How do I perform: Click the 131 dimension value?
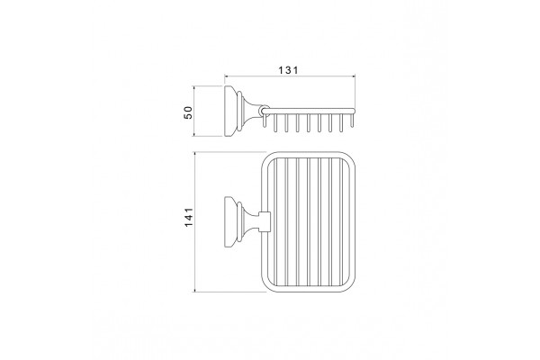[x=288, y=70]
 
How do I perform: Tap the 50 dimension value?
[x=188, y=112]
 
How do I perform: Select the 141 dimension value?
[x=189, y=217]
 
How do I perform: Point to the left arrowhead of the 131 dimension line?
[x=227, y=76]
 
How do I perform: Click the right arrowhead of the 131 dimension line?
[x=353, y=76]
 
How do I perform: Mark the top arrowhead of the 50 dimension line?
[x=194, y=88]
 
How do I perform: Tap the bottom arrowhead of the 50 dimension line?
[x=194, y=134]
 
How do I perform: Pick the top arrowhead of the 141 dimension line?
[x=195, y=154]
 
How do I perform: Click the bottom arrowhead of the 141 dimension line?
[x=195, y=290]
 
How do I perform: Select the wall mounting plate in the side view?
[x=230, y=111]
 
